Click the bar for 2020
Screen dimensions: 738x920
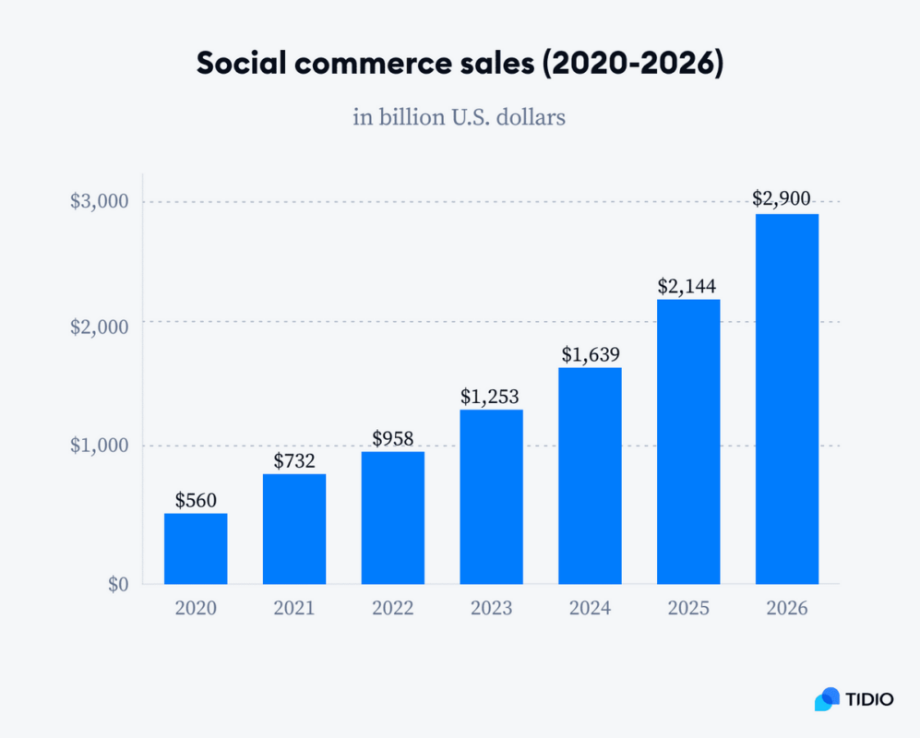[x=196, y=548]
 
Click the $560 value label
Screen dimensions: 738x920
[x=196, y=501]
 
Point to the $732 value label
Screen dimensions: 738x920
[x=294, y=460]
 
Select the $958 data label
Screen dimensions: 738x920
[x=393, y=437]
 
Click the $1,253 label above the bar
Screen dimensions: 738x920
[x=491, y=397]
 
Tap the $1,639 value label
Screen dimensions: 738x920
[x=591, y=354]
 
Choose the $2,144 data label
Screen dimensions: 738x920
[x=688, y=286]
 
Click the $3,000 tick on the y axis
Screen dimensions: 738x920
[x=100, y=202]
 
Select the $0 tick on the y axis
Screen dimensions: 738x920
[x=116, y=584]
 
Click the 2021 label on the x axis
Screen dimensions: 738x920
[x=294, y=609]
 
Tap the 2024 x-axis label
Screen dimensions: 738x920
[x=590, y=609]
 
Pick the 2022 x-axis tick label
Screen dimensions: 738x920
[x=393, y=609]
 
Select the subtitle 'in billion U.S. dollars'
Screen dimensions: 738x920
[x=459, y=118]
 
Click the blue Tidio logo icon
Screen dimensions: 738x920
[x=827, y=699]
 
